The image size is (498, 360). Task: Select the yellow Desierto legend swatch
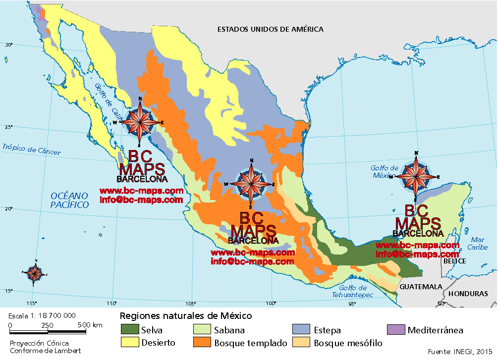(x=130, y=342)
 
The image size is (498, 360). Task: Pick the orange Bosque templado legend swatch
(x=203, y=342)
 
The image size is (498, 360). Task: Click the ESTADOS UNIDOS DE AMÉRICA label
(x=270, y=29)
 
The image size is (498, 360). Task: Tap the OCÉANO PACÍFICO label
(x=70, y=200)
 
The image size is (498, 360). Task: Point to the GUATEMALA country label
(x=421, y=287)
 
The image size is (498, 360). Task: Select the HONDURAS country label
(x=468, y=294)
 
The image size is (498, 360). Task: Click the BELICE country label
(x=455, y=261)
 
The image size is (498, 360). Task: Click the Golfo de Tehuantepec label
(x=353, y=292)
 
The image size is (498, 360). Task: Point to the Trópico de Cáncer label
(x=31, y=150)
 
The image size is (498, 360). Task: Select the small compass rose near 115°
(x=35, y=272)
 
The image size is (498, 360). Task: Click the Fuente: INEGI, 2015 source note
(x=461, y=352)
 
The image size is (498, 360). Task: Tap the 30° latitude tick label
(x=8, y=45)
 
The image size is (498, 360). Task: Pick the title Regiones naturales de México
(x=186, y=316)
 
